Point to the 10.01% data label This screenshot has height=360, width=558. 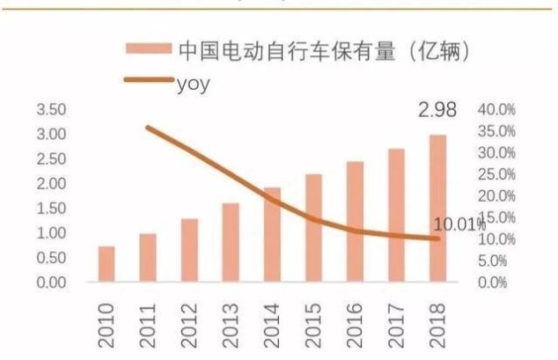(458, 225)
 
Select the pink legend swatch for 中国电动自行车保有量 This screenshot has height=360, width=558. (149, 51)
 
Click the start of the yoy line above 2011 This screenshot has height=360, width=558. (148, 128)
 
